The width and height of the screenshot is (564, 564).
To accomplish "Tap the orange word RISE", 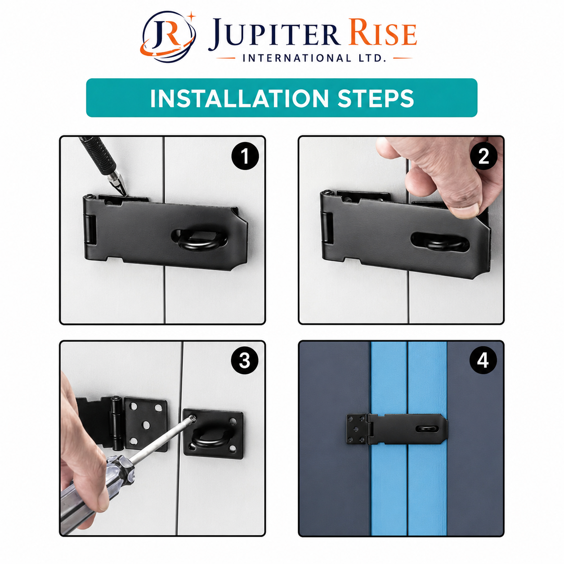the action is pyautogui.click(x=383, y=32).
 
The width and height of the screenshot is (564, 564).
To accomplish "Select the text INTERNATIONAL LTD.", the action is pyautogui.click(x=314, y=58).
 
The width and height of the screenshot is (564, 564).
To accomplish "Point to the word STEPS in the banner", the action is pyautogui.click(x=376, y=98).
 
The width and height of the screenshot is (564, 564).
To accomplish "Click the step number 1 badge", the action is pyautogui.click(x=245, y=156).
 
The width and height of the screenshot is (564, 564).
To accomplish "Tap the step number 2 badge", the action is pyautogui.click(x=483, y=156).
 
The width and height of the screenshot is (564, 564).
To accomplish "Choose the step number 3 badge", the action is pyautogui.click(x=245, y=360).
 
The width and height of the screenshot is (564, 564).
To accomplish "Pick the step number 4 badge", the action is pyautogui.click(x=483, y=360).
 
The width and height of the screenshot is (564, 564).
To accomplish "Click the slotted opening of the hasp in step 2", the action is pyautogui.click(x=440, y=242).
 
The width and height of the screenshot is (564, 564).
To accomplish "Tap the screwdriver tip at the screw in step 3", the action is pyautogui.click(x=192, y=419).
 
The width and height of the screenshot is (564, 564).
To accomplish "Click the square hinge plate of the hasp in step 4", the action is pyautogui.click(x=357, y=429).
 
